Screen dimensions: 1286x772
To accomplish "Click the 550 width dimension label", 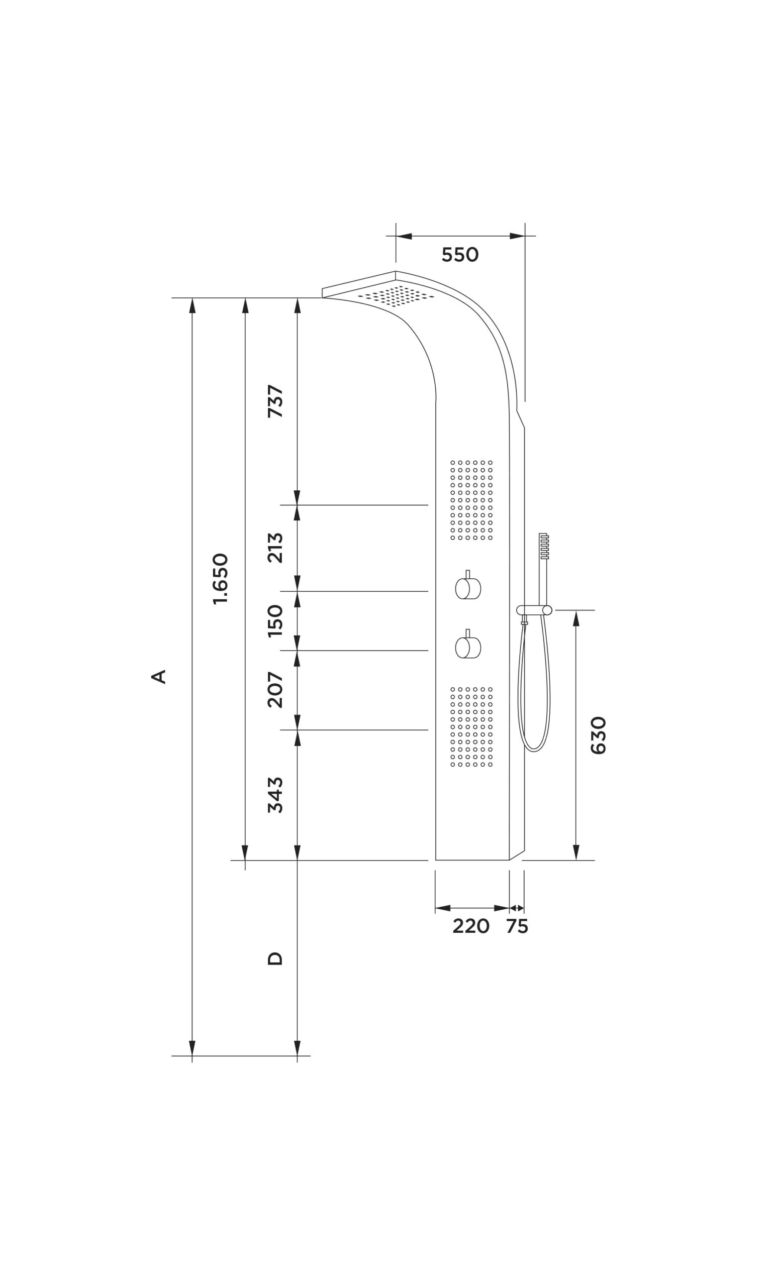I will (x=460, y=255).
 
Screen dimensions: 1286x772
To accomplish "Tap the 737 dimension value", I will (x=275, y=401).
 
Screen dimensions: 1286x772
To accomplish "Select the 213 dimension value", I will (x=275, y=548).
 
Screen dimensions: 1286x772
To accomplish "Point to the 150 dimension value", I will (x=275, y=621).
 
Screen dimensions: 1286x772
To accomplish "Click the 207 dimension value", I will (x=275, y=690).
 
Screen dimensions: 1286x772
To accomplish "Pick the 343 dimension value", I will (x=275, y=795).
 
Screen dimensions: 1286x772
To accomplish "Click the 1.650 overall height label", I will (x=221, y=579).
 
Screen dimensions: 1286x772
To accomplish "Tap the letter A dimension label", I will (x=159, y=676).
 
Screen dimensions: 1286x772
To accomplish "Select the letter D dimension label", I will (x=275, y=958).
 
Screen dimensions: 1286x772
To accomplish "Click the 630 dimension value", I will (x=599, y=735).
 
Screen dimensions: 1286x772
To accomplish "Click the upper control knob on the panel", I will (x=468, y=588).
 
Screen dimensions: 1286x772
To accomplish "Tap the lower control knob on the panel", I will (x=468, y=647).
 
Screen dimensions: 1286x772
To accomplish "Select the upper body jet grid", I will (x=471, y=499).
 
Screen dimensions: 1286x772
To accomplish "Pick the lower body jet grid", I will (x=471, y=726).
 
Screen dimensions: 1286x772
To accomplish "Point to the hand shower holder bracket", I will (x=534, y=610).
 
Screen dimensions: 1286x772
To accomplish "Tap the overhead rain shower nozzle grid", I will (x=396, y=295).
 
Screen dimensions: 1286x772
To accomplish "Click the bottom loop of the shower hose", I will (x=535, y=747).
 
